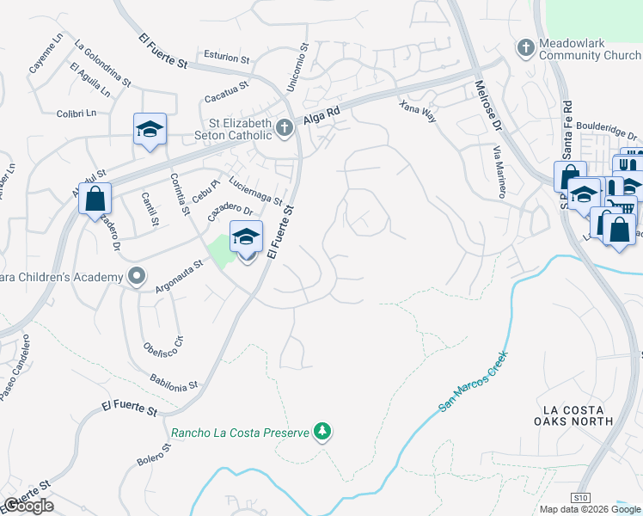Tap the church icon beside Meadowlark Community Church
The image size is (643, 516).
pos(525,47)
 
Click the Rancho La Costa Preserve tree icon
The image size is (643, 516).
pos(321,430)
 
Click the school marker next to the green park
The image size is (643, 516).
pos(247,237)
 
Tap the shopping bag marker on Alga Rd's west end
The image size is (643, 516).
pos(95,199)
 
